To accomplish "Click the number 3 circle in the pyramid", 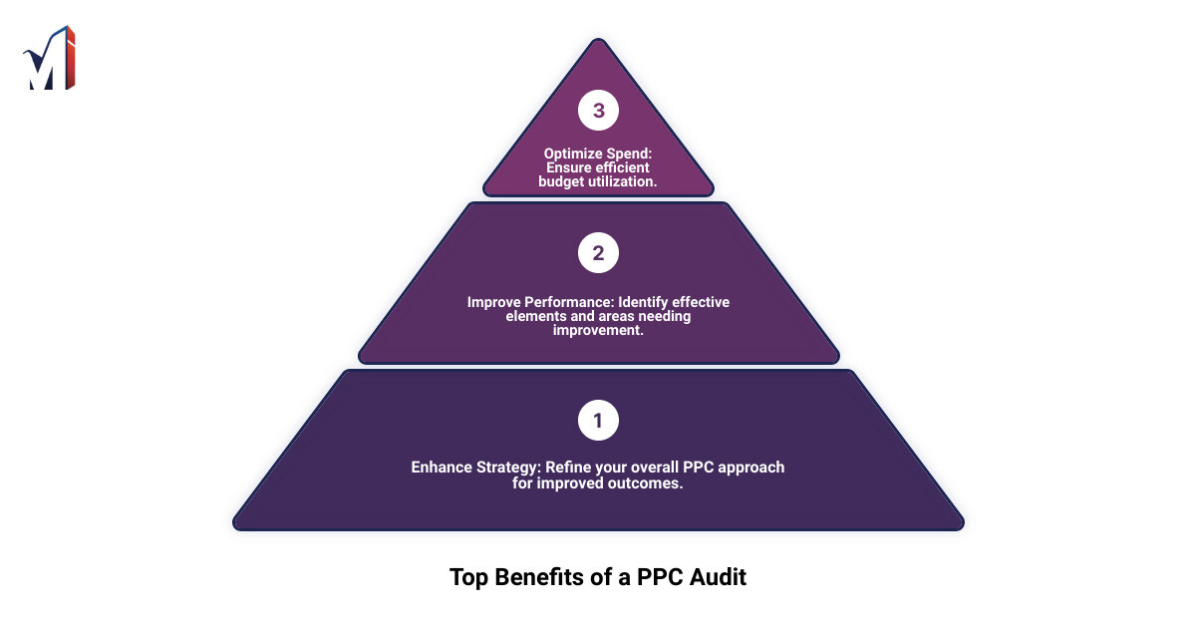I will click(598, 111).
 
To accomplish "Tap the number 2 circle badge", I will click(598, 253).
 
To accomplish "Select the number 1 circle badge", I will click(598, 421).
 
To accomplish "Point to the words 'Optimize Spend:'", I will click(598, 154).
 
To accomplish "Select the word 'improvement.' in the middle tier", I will click(598, 330).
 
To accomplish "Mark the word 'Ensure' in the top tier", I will click(571, 167).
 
